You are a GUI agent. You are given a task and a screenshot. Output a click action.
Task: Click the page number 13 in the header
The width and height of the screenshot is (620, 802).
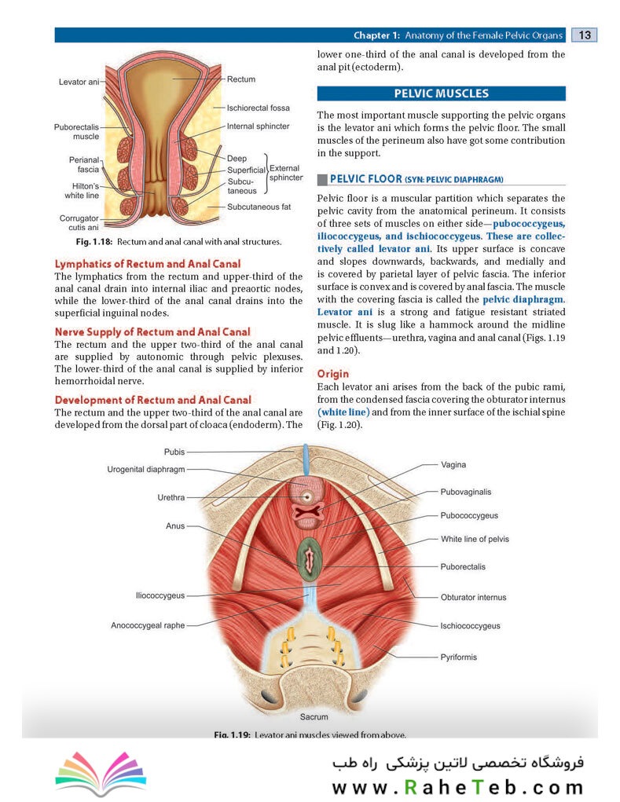pyautogui.click(x=584, y=35)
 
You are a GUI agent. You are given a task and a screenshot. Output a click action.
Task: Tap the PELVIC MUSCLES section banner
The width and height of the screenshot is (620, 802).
pyautogui.click(x=441, y=93)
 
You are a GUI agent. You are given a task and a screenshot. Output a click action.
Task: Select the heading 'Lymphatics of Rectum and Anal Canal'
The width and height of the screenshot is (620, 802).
pyautogui.click(x=147, y=264)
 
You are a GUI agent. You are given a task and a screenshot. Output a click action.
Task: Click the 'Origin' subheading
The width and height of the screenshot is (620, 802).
pyautogui.click(x=333, y=374)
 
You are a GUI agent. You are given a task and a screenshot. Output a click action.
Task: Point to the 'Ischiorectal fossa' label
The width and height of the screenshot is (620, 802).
pyautogui.click(x=259, y=108)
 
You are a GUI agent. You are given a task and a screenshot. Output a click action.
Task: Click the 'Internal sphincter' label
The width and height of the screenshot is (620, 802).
pyautogui.click(x=259, y=126)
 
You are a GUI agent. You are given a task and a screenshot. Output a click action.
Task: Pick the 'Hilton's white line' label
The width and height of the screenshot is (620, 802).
pyautogui.click(x=83, y=191)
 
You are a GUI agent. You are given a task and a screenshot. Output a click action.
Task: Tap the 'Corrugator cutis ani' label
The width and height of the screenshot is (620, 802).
pyautogui.click(x=79, y=222)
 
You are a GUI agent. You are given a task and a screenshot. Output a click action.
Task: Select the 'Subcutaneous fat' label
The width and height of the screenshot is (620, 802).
pyautogui.click(x=259, y=207)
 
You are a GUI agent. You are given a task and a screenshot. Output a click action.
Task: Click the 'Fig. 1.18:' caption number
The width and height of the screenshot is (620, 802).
pyautogui.click(x=94, y=242)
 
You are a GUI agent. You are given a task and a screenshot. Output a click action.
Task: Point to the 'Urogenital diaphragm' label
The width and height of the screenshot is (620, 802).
pyautogui.click(x=146, y=469)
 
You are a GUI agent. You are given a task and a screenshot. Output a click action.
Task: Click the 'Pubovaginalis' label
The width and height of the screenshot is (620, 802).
pyautogui.click(x=465, y=492)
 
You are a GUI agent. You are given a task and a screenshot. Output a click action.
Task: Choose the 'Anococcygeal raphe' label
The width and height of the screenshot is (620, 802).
pyautogui.click(x=148, y=625)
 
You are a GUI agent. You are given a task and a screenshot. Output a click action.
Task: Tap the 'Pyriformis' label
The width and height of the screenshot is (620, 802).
pyautogui.click(x=458, y=657)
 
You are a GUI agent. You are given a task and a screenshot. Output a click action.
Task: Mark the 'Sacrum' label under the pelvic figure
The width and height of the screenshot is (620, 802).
pyautogui.click(x=314, y=717)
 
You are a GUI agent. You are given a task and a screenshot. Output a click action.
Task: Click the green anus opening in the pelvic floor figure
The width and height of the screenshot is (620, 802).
pyautogui.click(x=309, y=559)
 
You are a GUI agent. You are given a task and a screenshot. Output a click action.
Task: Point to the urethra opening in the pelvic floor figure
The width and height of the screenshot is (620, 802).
pyautogui.click(x=307, y=496)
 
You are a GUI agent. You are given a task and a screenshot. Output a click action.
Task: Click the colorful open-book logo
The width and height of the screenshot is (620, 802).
pyautogui.click(x=101, y=773)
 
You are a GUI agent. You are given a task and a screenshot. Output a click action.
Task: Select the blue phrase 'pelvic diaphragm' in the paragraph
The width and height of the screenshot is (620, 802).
pyautogui.click(x=523, y=299)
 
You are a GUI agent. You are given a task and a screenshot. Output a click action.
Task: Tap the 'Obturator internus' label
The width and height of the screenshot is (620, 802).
pyautogui.click(x=473, y=598)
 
